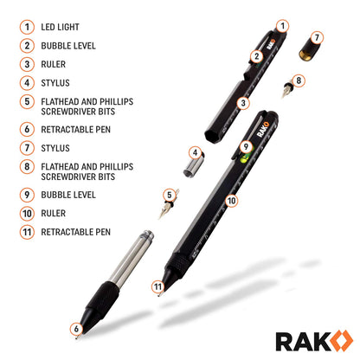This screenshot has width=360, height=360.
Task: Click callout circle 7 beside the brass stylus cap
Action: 317,37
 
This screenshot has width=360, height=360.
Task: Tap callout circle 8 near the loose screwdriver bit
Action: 299,80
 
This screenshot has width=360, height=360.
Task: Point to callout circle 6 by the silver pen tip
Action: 77,329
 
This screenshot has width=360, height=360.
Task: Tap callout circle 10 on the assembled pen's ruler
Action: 230,200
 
